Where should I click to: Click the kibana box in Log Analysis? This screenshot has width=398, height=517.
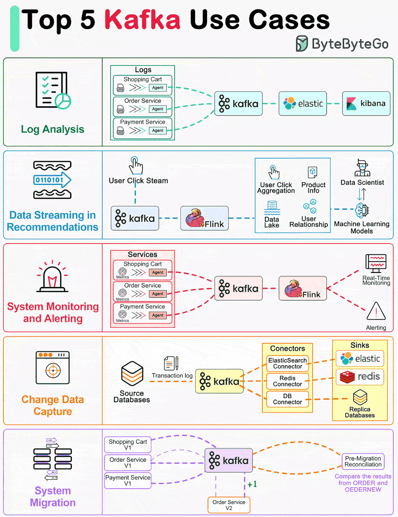(366, 103)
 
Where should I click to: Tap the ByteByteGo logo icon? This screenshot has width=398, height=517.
(302, 44)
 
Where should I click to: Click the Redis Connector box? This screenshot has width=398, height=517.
(287, 381)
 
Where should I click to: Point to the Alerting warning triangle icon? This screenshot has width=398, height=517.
(376, 311)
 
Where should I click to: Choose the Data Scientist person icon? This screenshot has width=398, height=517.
(362, 168)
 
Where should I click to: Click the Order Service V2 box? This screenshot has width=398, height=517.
(229, 505)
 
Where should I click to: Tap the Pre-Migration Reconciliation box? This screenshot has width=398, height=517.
(363, 461)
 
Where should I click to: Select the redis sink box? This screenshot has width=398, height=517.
(360, 377)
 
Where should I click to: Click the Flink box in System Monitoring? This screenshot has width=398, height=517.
(302, 288)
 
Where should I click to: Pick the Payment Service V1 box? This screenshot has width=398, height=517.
(128, 480)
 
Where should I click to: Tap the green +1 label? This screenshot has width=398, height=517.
(252, 484)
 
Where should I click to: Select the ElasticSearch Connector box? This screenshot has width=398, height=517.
(287, 363)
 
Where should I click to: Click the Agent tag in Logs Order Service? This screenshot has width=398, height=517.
(158, 109)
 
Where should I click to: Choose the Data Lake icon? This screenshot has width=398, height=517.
(272, 208)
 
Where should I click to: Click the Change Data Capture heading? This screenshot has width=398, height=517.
(53, 405)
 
